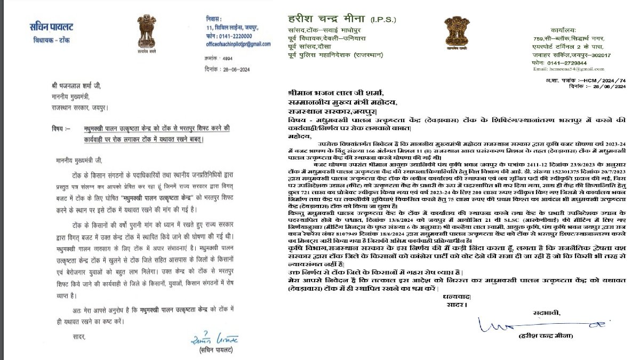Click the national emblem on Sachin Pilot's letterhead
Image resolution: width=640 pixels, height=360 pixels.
[x=145, y=33]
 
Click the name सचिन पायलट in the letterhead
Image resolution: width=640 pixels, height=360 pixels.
[x=52, y=27]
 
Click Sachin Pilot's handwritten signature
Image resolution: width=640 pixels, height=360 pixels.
[x=215, y=339]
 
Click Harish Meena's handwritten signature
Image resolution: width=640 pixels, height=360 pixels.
[x=539, y=324]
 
